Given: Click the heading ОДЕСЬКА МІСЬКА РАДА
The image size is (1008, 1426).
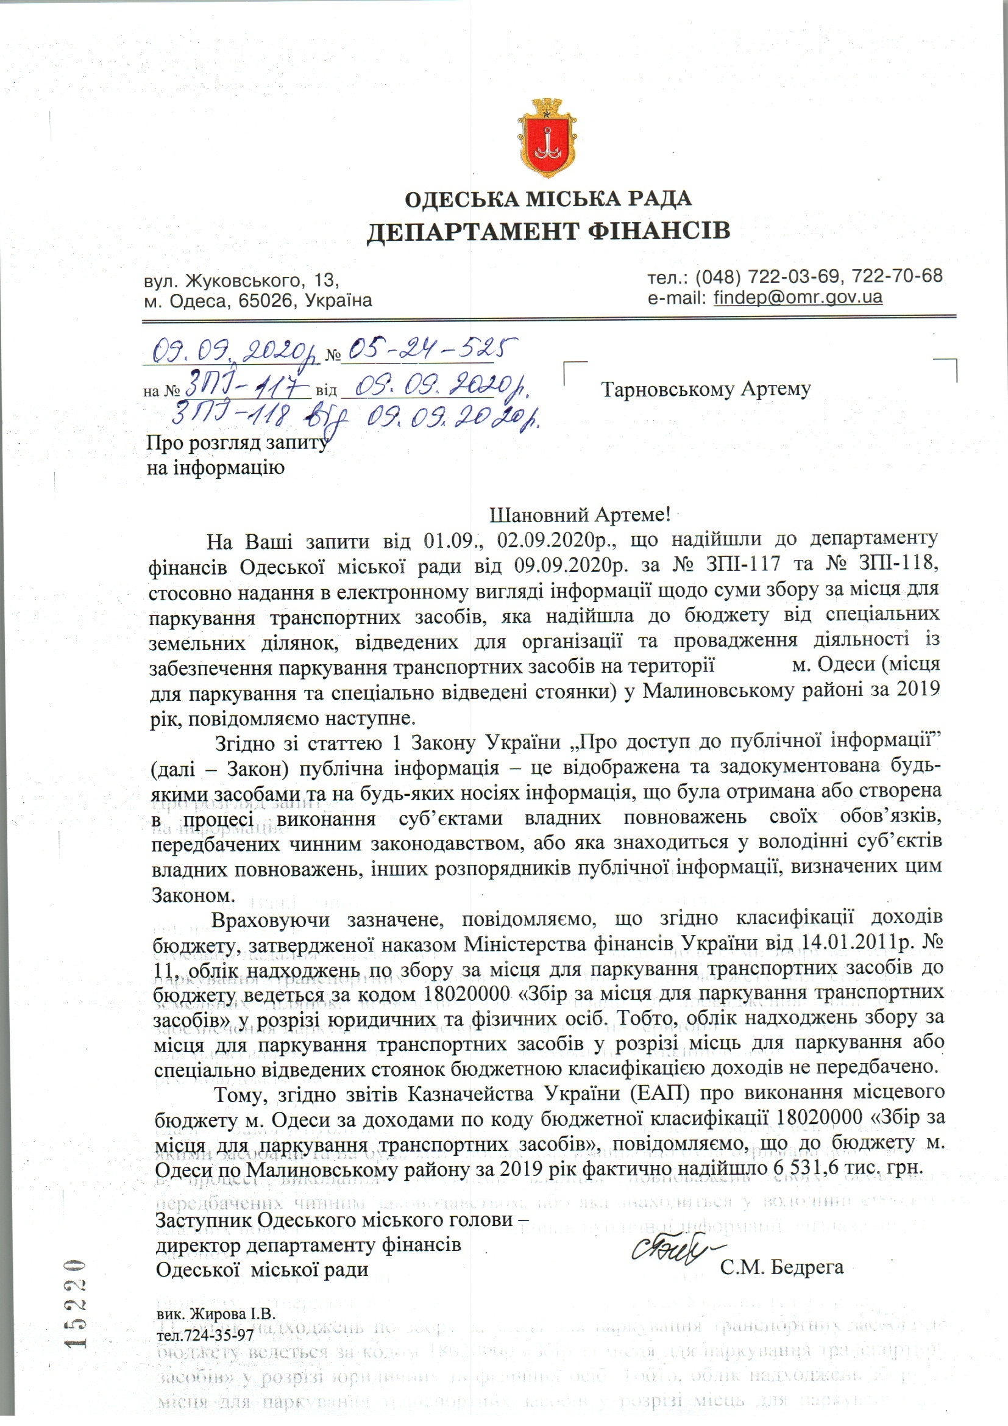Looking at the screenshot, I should pyautogui.click(x=548, y=199).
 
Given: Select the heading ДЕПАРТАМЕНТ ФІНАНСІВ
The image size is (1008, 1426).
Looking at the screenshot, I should pyautogui.click(x=548, y=231).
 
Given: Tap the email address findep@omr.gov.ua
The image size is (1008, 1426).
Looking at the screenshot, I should pyautogui.click(x=798, y=297).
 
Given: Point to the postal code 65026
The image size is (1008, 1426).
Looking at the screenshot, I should pyautogui.click(x=264, y=301).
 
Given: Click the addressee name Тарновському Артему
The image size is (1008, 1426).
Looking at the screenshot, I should pyautogui.click(x=706, y=389).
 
